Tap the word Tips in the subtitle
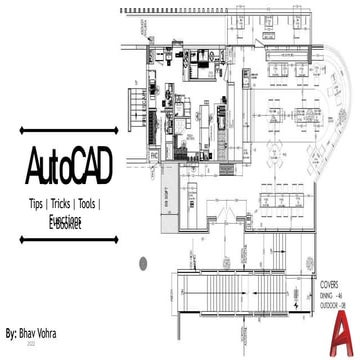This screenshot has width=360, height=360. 44,203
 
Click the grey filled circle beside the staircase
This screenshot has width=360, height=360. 143,263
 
